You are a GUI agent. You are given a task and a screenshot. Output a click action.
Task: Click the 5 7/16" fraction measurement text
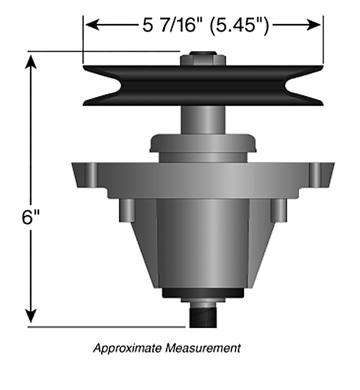(x=173, y=25)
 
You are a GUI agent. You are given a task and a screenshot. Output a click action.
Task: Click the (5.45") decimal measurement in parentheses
(x=239, y=25)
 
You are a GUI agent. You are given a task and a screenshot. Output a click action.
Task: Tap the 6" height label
(x=31, y=217)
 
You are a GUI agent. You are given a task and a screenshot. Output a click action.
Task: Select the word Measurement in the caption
(x=203, y=348)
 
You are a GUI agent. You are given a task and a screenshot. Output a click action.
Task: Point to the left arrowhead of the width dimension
(x=92, y=25)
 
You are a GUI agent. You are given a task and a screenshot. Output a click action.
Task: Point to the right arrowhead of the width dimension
(x=314, y=25)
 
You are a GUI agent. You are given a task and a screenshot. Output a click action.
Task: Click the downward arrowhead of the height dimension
(x=31, y=316)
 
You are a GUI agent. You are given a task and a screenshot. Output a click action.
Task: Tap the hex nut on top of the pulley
(x=203, y=60)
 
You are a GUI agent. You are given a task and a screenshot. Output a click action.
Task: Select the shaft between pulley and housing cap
(x=203, y=120)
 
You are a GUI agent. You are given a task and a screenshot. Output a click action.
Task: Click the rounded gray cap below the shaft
(x=203, y=143)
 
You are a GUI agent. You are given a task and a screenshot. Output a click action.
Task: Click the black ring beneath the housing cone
(x=203, y=293)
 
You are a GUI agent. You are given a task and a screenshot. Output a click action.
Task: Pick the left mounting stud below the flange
(x=127, y=210)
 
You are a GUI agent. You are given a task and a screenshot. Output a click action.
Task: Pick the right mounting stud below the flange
(x=279, y=210)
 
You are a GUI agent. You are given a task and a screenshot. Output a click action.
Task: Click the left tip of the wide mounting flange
(x=72, y=163)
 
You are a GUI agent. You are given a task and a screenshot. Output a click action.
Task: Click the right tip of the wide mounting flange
(x=335, y=163)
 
